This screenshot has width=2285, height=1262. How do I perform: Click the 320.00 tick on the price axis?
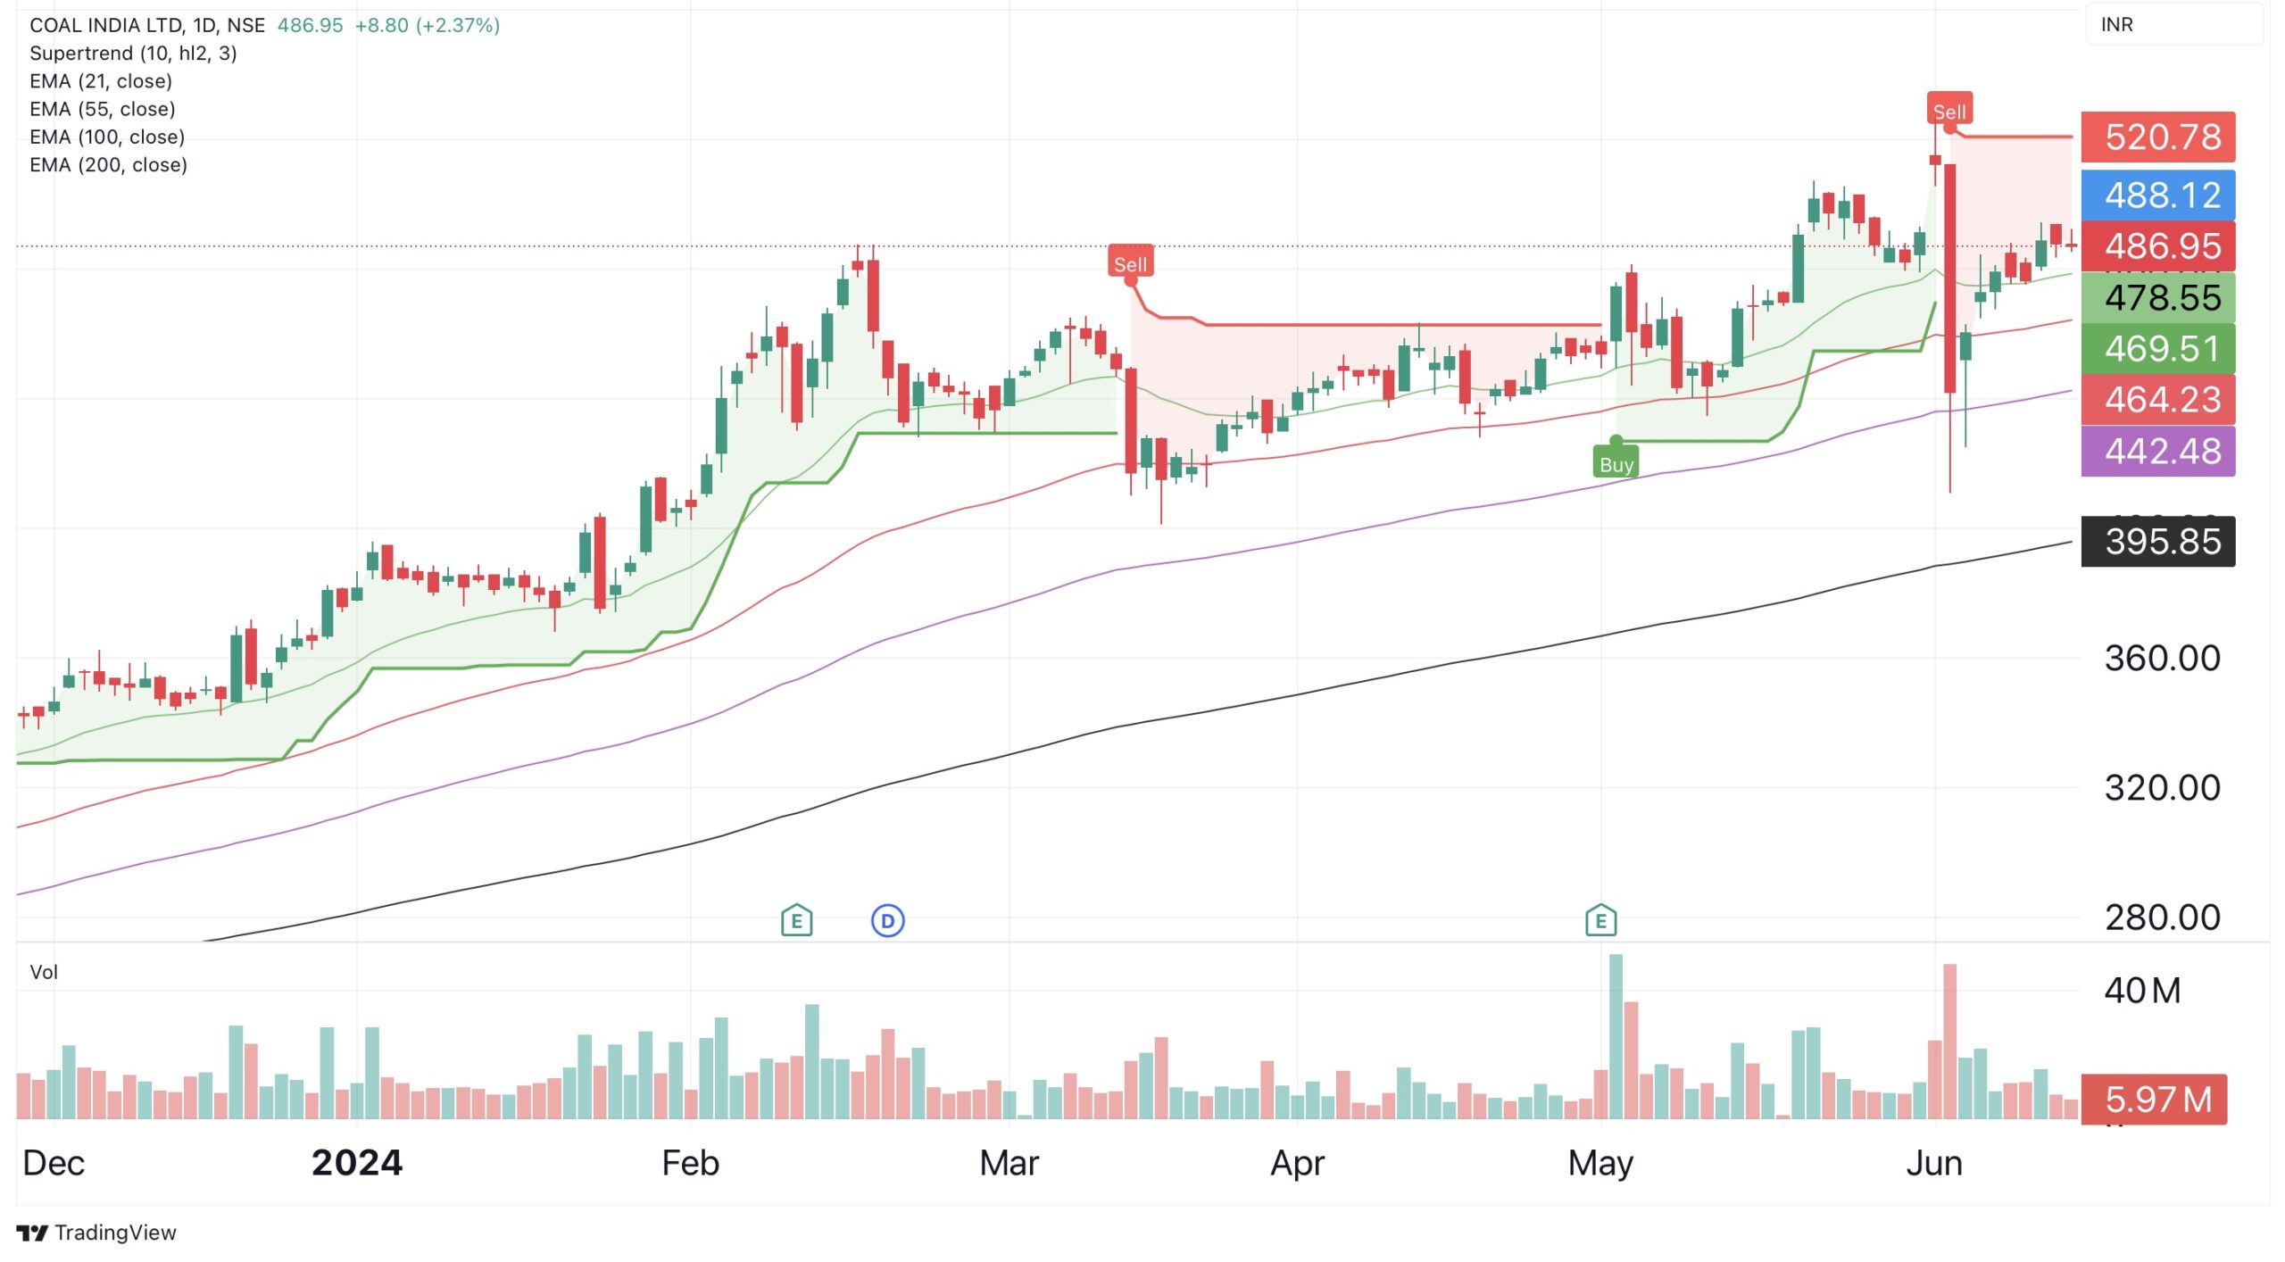pos(2161,787)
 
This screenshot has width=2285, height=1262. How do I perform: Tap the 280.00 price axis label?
pos(2161,917)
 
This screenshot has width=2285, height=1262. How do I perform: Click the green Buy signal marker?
pos(1616,463)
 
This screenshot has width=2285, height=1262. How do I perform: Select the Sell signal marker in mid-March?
pos(1130,263)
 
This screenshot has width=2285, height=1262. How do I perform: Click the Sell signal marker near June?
pos(1948,111)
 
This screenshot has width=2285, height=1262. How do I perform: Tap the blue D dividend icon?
pos(887,920)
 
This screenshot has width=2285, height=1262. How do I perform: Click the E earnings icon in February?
pos(796,920)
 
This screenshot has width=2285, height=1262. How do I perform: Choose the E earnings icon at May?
pos(1600,920)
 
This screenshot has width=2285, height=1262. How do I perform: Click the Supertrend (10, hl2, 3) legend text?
pos(133,53)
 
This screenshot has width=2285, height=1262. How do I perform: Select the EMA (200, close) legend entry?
pos(108,164)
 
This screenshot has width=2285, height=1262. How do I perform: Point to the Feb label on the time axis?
pos(690,1163)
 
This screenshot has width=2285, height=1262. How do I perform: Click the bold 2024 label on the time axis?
pos(357,1163)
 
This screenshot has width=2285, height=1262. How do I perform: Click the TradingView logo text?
pos(114,1233)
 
